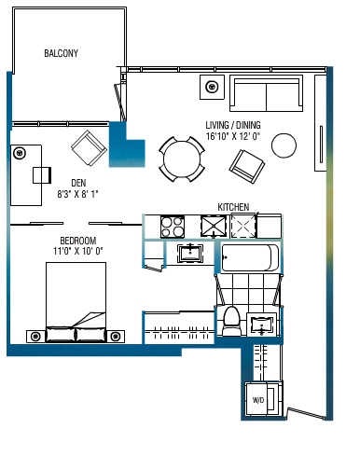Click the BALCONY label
[x=61, y=53]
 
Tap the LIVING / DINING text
[x=233, y=125]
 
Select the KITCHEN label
[x=233, y=207]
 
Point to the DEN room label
[x=78, y=183]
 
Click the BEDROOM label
[x=78, y=241]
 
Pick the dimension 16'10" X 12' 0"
[x=233, y=136]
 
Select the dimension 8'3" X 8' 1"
[x=77, y=194]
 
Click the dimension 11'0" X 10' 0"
[x=77, y=251]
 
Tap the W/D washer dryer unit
[x=264, y=399]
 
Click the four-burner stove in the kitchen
[x=173, y=227]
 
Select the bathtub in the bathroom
[x=250, y=257]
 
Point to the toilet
[x=232, y=321]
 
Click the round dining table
[x=182, y=159]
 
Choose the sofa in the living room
[x=266, y=93]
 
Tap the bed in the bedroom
[x=76, y=302]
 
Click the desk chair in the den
[x=42, y=175]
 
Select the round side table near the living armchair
[x=284, y=145]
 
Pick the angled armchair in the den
[x=90, y=148]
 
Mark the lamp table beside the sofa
[x=212, y=87]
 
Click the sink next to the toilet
[x=261, y=325]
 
